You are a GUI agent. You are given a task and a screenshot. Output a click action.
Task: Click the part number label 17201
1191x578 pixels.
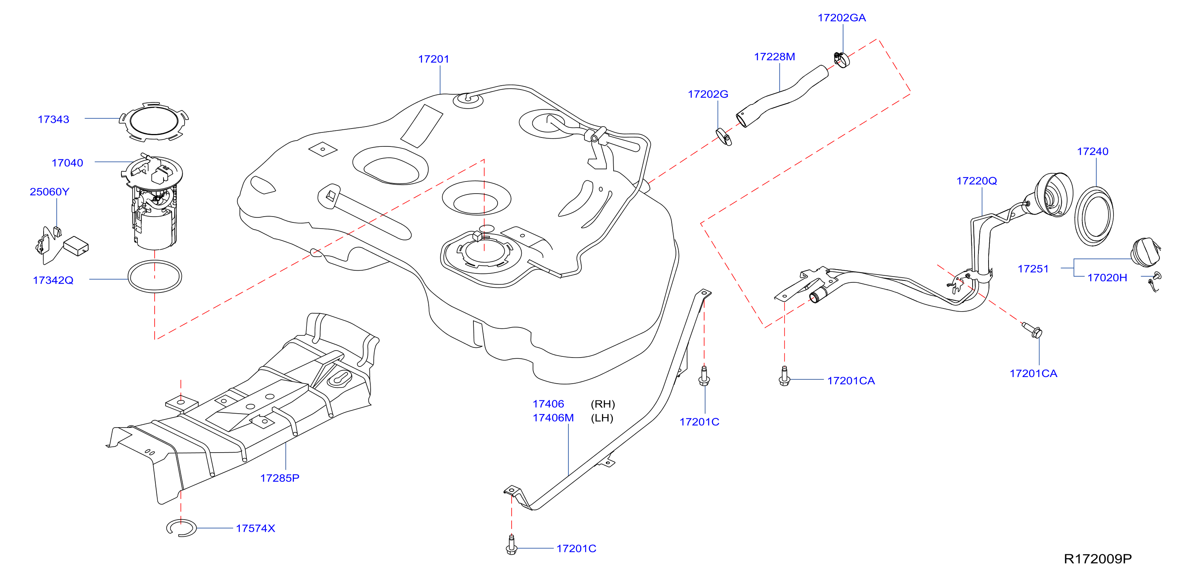tap(433, 59)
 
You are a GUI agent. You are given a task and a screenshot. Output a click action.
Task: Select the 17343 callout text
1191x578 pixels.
tap(53, 119)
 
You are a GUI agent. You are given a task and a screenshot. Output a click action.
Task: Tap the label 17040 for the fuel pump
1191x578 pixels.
tap(67, 163)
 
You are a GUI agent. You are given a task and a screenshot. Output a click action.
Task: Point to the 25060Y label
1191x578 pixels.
tap(49, 192)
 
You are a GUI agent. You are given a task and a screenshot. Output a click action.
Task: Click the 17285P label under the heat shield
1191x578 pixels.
tap(280, 478)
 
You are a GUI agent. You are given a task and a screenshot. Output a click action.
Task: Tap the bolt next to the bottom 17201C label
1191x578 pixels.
tap(511, 545)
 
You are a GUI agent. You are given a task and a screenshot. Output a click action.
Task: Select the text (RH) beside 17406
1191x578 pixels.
tap(602, 404)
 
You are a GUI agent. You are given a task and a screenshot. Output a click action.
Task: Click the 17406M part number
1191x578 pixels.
tap(553, 418)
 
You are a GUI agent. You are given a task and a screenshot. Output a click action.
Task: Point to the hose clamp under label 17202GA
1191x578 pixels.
tap(842, 60)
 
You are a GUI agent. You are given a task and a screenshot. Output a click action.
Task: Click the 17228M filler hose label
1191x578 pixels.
tap(774, 57)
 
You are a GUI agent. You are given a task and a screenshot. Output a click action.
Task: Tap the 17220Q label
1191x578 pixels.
tap(976, 181)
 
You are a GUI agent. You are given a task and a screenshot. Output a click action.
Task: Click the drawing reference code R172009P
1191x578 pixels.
tap(1098, 559)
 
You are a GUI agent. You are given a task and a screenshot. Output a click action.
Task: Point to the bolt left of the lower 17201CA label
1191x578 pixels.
tap(784, 375)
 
